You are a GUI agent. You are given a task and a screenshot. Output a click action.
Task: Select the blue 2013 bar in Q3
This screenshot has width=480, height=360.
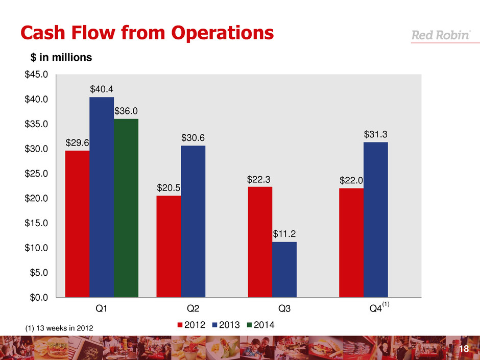point(284,269)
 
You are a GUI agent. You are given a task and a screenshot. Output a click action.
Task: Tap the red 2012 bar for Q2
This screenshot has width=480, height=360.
point(169,246)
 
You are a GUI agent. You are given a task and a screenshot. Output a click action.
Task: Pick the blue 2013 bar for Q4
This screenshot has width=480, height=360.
point(376,219)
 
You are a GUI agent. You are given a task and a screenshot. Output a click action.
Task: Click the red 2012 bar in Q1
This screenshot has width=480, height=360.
point(77,223)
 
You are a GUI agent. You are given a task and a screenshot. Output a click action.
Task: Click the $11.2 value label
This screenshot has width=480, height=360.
point(284,234)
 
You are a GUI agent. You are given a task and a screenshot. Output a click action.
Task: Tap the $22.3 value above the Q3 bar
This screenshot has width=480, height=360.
point(259,179)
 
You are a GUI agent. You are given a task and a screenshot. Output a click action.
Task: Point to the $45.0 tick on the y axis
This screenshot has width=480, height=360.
point(36,75)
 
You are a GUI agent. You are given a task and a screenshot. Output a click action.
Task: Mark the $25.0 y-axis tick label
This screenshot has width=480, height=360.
point(36,174)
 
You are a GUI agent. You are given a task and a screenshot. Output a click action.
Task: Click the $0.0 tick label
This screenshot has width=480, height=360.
point(38,297)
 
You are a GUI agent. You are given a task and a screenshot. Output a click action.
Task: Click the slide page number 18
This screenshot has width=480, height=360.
point(464,349)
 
